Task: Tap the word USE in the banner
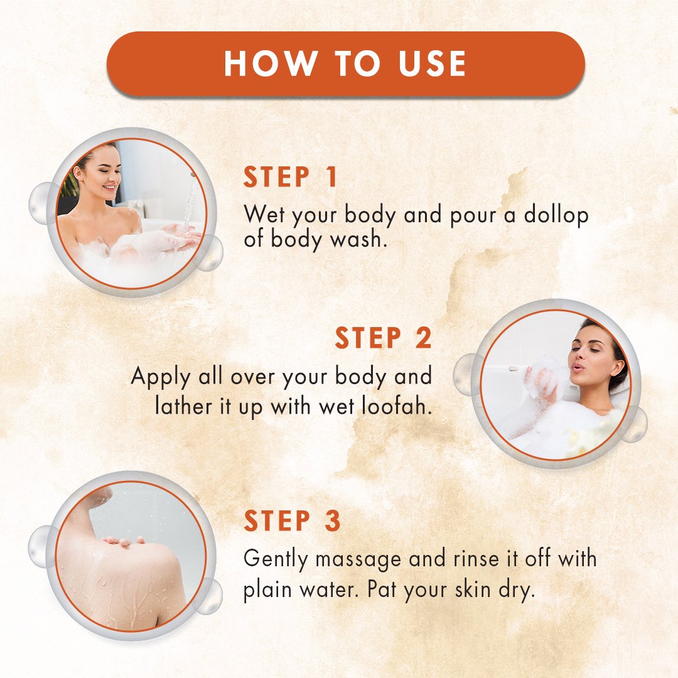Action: click(x=432, y=63)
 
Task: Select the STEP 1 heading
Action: click(x=291, y=177)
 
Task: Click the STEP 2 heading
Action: click(x=383, y=338)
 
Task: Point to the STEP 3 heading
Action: click(x=293, y=520)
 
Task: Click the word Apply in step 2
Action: click(x=161, y=377)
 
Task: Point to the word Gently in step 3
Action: click(x=276, y=559)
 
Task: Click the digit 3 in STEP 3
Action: click(x=333, y=520)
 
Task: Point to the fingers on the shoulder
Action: click(x=124, y=541)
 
